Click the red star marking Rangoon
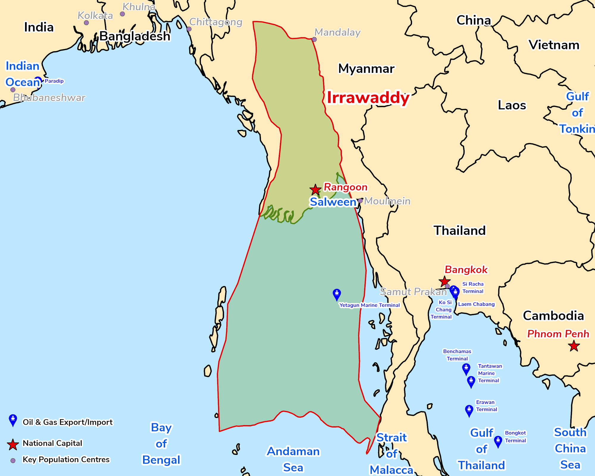click(x=315, y=190)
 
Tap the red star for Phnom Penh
click(x=574, y=346)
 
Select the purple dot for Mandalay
click(x=314, y=40)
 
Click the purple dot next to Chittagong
click(x=189, y=29)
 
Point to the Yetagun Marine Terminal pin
click(x=336, y=294)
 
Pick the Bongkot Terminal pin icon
click(x=498, y=441)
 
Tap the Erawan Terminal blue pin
click(x=469, y=411)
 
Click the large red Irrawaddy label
click(x=368, y=98)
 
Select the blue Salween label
click(x=333, y=202)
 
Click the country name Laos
click(x=512, y=105)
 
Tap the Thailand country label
click(x=459, y=231)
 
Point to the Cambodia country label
click(x=553, y=316)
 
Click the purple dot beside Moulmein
click(x=360, y=201)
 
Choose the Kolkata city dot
click(x=86, y=23)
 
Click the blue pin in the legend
click(x=13, y=420)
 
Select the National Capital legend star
click(x=13, y=444)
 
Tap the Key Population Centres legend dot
click(x=13, y=461)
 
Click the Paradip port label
click(x=54, y=81)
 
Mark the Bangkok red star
click(x=444, y=281)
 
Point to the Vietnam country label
click(x=554, y=45)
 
